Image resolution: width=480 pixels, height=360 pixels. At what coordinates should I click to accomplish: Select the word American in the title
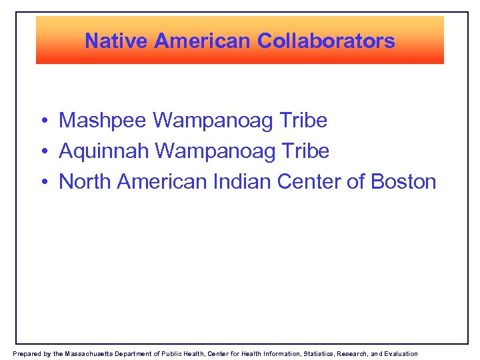[203, 41]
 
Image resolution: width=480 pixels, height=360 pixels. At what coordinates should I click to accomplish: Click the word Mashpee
[103, 121]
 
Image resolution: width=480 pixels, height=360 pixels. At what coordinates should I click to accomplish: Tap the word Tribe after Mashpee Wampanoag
[305, 121]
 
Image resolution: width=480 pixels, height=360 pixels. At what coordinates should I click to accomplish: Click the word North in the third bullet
[85, 181]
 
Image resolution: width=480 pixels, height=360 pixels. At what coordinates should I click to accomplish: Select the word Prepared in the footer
[26, 353]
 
